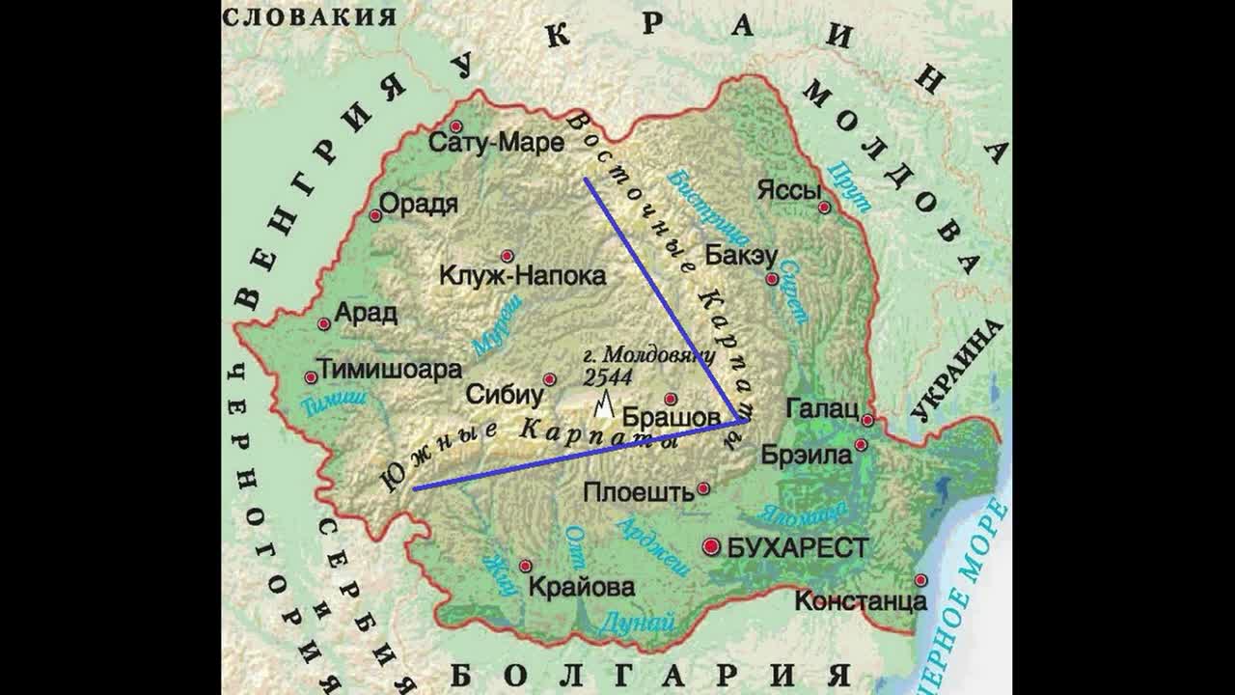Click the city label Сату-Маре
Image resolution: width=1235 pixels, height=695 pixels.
pos(496,144)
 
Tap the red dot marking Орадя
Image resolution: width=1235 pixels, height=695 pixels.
pos(375,215)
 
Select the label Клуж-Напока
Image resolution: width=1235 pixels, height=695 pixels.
pos(522,276)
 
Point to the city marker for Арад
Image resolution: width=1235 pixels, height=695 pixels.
pos(323,324)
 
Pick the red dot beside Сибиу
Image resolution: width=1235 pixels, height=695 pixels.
pos(550,379)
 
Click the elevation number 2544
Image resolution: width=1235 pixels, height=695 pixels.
pos(608,376)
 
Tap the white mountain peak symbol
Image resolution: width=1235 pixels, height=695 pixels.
pos(604,404)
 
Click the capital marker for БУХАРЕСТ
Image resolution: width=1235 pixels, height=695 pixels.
pos(712,547)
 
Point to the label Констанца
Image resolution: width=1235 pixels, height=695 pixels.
pos(861,600)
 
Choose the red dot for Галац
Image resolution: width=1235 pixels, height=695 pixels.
pos(868,420)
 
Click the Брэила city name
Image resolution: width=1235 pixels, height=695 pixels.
pos(807,453)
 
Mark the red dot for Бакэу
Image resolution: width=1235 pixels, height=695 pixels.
pos(772,279)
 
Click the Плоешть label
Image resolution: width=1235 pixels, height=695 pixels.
pos(639,492)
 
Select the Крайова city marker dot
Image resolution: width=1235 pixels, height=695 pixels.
pos(526,566)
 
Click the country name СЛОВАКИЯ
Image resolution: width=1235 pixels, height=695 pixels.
pos(310,16)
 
